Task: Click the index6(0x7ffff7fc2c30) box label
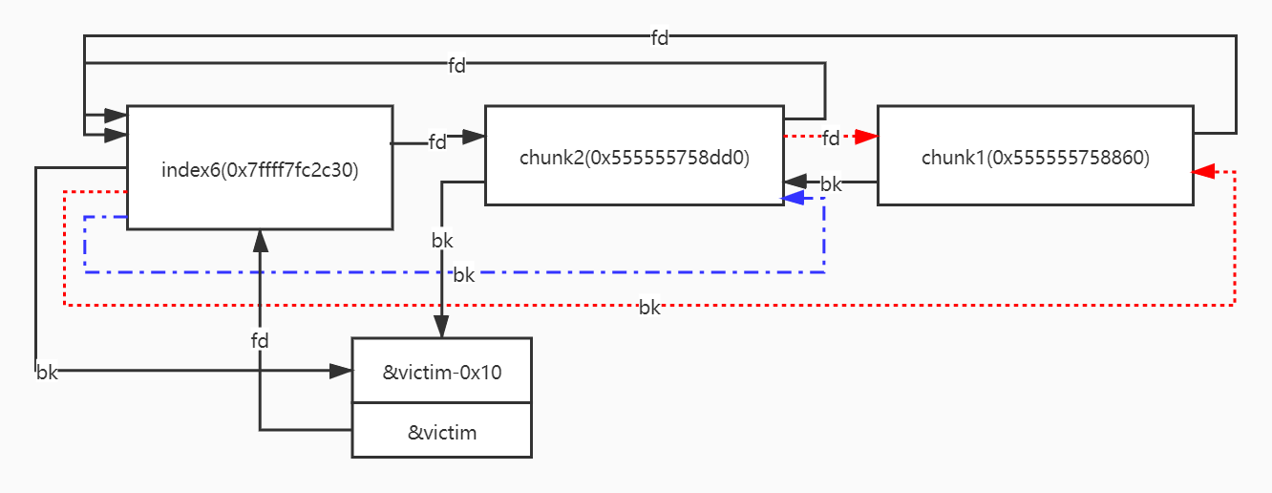pos(260,171)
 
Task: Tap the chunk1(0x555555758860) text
pos(1035,159)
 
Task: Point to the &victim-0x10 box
pos(441,372)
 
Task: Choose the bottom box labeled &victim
pos(441,432)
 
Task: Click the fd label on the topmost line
pos(660,38)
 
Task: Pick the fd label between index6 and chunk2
pos(437,142)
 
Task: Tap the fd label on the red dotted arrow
pos(831,138)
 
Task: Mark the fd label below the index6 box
pos(260,340)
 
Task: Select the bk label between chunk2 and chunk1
pos(831,184)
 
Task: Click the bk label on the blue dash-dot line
pos(463,275)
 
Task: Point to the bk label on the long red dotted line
pos(649,308)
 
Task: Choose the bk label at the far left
pos(47,373)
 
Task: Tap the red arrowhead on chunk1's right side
pos(1203,172)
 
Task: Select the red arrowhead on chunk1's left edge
pos(866,138)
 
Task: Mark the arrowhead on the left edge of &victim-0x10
pos(341,371)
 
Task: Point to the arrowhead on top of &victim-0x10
pos(441,328)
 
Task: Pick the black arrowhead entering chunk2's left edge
pos(474,138)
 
